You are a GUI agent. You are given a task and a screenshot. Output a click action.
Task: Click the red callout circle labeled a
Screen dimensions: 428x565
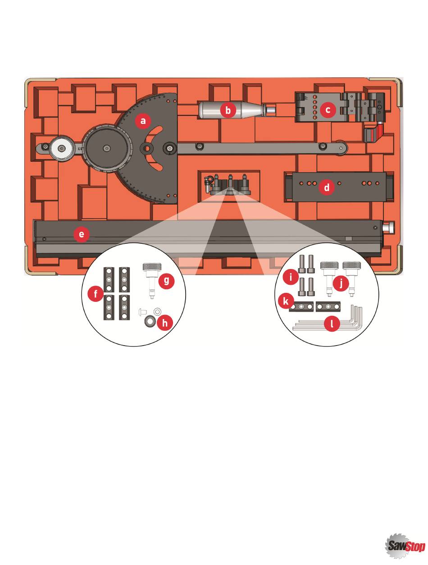[x=143, y=121]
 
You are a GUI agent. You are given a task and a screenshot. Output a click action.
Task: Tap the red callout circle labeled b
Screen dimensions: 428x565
[x=228, y=110]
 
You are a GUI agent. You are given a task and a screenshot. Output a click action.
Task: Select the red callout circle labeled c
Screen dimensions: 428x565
[x=328, y=109]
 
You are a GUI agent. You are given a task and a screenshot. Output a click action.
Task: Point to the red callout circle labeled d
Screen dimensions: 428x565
[x=327, y=187]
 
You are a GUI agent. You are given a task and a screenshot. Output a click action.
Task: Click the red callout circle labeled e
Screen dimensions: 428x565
[x=81, y=234]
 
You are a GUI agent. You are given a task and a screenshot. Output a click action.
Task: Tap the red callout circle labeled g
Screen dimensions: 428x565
[x=167, y=281]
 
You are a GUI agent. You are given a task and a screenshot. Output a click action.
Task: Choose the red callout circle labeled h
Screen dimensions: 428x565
[x=165, y=323]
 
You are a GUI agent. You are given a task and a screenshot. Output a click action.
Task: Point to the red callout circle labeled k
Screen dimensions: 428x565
[x=286, y=300]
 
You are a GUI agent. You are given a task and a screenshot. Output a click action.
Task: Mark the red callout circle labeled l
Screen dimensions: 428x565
[x=332, y=324]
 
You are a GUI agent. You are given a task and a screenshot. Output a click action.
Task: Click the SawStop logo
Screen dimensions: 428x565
[x=405, y=546]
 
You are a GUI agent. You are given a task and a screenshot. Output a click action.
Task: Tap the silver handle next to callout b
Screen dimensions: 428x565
[x=212, y=109]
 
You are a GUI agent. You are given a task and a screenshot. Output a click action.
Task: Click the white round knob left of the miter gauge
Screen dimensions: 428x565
[x=61, y=147]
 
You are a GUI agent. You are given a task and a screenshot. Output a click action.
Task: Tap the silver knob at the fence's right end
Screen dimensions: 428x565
[x=388, y=228]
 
